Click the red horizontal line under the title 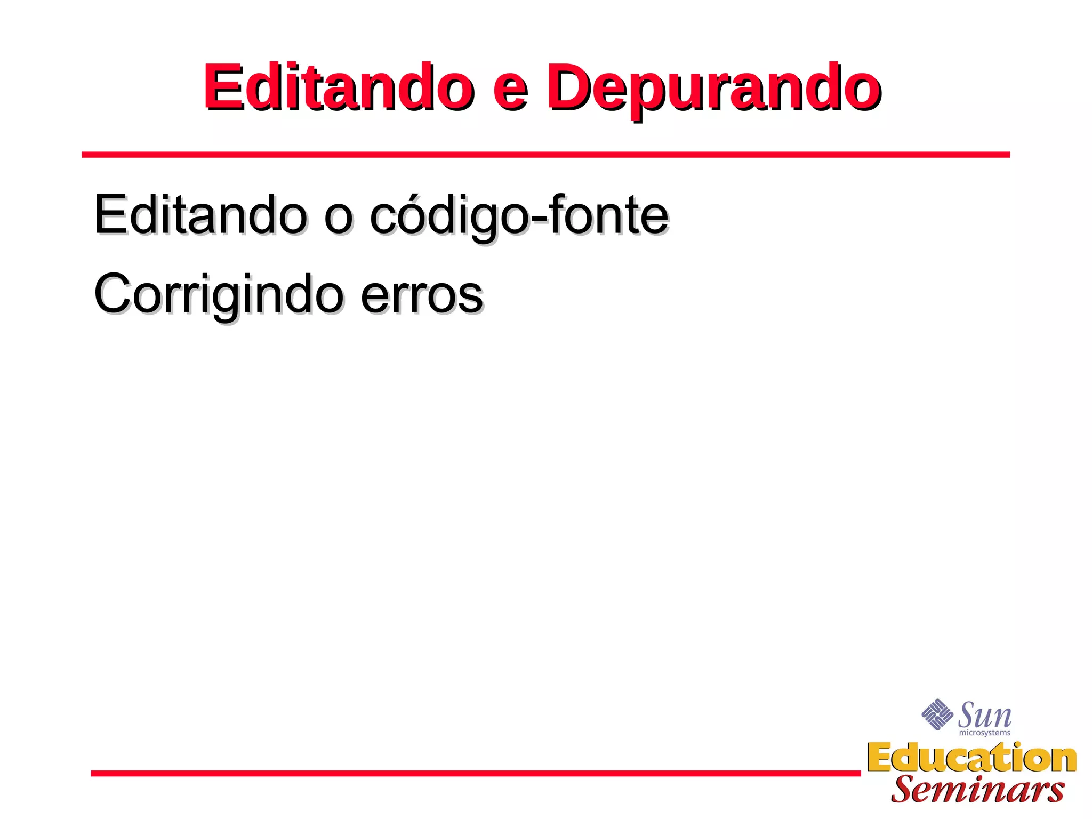point(545,155)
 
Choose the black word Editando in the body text point(200,214)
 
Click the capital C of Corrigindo point(113,294)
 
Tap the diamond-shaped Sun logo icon point(937,714)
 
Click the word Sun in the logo point(984,715)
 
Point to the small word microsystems point(984,733)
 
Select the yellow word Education point(971,758)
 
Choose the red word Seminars point(977,790)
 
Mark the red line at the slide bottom point(476,773)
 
